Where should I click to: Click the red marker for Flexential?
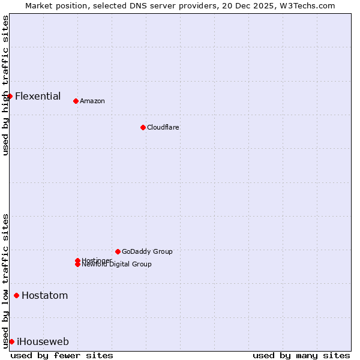tap(10, 96)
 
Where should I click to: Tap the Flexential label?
tap(38, 96)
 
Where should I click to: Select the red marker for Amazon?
tap(76, 101)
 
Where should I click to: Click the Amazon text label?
tap(92, 101)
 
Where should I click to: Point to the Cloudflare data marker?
tap(143, 127)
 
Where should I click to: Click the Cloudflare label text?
tap(163, 127)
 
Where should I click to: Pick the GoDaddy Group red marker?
tap(118, 251)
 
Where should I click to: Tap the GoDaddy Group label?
tap(147, 251)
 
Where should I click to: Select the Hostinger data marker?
tap(77, 260)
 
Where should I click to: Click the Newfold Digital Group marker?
tap(77, 265)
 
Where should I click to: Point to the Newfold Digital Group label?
tap(116, 265)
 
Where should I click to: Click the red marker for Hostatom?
tap(16, 295)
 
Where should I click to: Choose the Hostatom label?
tap(44, 295)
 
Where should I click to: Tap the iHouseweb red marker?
tap(11, 341)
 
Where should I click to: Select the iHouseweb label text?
tap(43, 341)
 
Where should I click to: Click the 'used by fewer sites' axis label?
tap(62, 355)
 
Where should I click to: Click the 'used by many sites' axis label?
tap(301, 355)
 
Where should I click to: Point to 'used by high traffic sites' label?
tap(5, 86)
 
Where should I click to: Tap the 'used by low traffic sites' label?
tap(5, 281)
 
